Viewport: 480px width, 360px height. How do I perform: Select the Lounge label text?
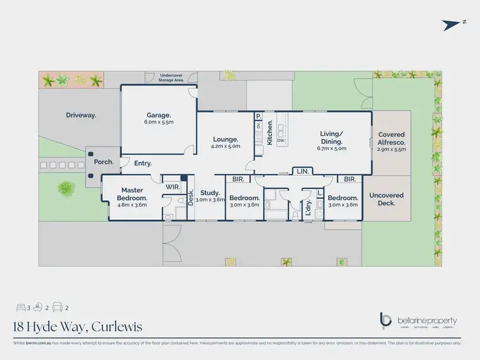(226, 139)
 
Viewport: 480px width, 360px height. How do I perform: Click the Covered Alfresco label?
(392, 137)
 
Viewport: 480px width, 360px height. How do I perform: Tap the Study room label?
(210, 192)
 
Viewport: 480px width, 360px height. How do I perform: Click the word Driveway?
(81, 115)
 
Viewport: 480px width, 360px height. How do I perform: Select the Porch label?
(104, 162)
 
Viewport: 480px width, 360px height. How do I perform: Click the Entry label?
(143, 164)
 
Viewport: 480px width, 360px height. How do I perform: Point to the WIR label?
(172, 186)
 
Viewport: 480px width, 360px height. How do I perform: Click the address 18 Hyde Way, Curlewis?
(77, 327)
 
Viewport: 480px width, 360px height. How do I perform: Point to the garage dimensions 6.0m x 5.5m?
(159, 121)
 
